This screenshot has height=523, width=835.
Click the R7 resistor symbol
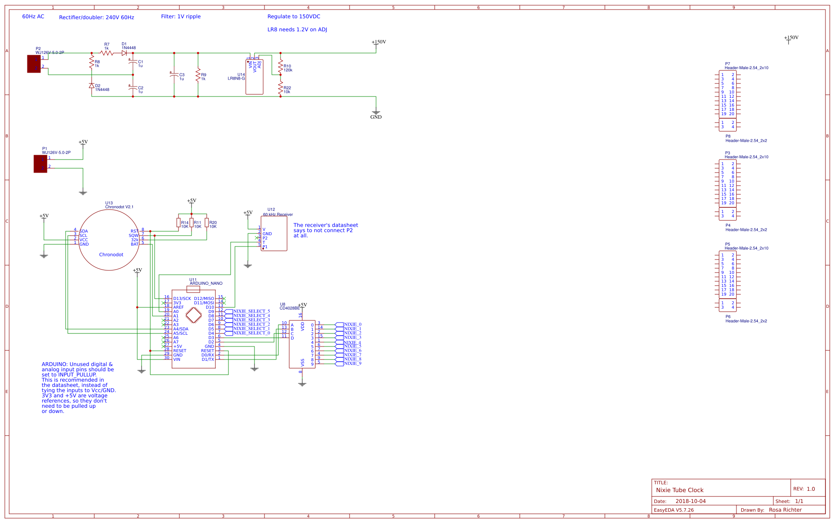click(x=107, y=53)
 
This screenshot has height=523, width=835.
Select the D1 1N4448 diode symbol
click(x=124, y=53)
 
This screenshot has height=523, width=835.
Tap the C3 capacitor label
click(x=182, y=75)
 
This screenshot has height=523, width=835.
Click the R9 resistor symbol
click(x=198, y=74)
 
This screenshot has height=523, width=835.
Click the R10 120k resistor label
click(x=287, y=68)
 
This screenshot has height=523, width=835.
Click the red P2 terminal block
click(x=34, y=63)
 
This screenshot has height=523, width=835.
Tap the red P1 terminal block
click(x=40, y=164)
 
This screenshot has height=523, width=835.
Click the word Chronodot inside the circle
click(x=111, y=255)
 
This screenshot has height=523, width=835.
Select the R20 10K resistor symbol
click(x=207, y=223)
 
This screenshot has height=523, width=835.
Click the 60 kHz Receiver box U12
click(x=274, y=234)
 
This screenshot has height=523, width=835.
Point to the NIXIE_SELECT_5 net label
click(x=251, y=311)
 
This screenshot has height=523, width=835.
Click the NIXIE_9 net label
click(x=352, y=363)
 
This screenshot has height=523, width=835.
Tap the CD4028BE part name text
click(x=290, y=308)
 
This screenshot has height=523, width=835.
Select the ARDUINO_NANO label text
click(x=206, y=283)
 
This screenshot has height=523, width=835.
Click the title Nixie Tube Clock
click(x=680, y=490)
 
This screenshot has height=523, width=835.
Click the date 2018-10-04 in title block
click(x=690, y=501)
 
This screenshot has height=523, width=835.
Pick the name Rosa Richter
click(x=785, y=510)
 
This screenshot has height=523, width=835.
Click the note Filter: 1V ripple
click(x=181, y=17)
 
